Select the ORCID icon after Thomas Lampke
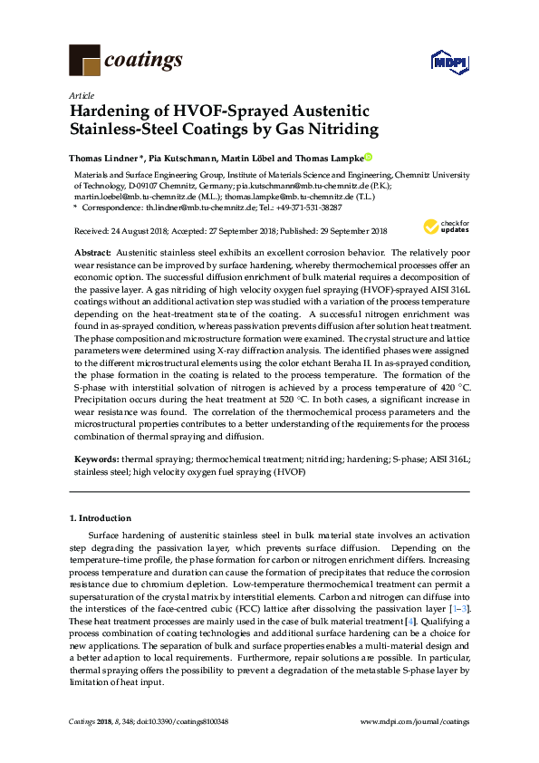[x=368, y=157]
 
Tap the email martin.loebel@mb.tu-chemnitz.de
[x=129, y=194]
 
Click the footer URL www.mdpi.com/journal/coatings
[x=415, y=720]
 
